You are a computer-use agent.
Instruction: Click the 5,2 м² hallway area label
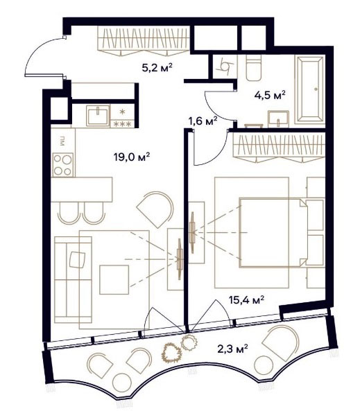(157, 68)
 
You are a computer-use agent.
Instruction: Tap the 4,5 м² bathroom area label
(270, 95)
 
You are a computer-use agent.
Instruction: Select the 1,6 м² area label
(203, 121)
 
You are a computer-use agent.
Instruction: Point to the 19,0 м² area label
(132, 157)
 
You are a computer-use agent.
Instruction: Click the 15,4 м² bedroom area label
(246, 299)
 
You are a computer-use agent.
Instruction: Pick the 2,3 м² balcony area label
(233, 349)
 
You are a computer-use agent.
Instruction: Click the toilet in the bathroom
(254, 68)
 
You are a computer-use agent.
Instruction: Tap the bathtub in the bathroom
(309, 89)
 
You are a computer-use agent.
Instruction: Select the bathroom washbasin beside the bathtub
(278, 119)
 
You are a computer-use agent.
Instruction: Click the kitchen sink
(98, 116)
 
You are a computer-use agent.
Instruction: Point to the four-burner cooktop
(63, 165)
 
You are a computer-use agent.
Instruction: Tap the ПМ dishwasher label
(62, 141)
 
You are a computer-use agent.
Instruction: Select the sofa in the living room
(73, 279)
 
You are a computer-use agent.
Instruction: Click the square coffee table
(114, 280)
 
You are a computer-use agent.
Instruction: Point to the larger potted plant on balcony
(171, 353)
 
